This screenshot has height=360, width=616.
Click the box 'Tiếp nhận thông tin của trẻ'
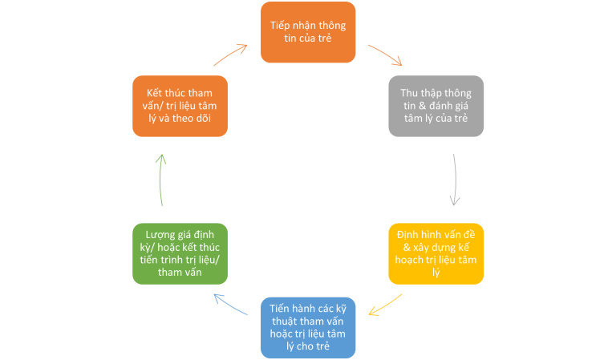point(308,32)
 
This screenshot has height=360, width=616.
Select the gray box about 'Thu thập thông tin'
point(436,106)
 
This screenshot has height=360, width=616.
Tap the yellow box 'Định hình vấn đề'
point(436,253)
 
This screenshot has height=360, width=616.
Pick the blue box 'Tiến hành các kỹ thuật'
point(308,327)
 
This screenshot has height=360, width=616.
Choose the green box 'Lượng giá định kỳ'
point(180,253)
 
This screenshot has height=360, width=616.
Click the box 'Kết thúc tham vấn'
point(180,106)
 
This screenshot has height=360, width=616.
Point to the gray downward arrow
point(456,180)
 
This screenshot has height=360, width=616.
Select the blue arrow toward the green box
point(230,303)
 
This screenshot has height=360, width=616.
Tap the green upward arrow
point(160,180)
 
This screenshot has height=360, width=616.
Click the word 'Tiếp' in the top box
point(280,26)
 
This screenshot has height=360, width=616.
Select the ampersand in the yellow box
point(407,247)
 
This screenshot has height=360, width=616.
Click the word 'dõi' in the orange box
point(203,118)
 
